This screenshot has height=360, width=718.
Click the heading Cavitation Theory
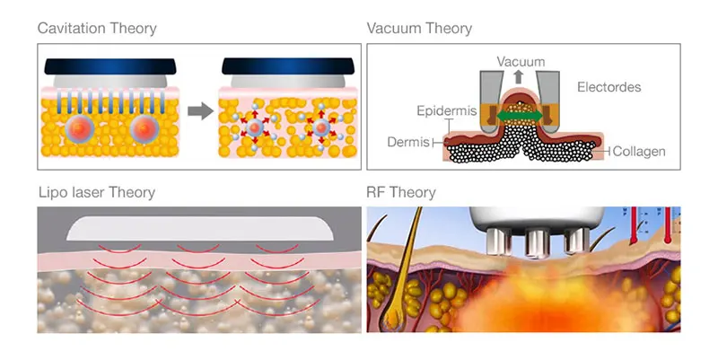(x=97, y=28)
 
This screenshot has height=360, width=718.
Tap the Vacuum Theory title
(x=419, y=28)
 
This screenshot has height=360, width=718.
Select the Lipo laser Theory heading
(x=97, y=192)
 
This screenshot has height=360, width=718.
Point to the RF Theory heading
(x=401, y=192)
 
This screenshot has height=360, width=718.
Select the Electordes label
(x=609, y=87)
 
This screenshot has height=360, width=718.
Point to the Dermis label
(x=409, y=142)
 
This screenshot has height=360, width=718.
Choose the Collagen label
(x=639, y=152)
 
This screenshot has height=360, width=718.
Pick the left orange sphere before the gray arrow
(x=78, y=129)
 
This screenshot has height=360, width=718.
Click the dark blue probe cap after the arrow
(x=287, y=66)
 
